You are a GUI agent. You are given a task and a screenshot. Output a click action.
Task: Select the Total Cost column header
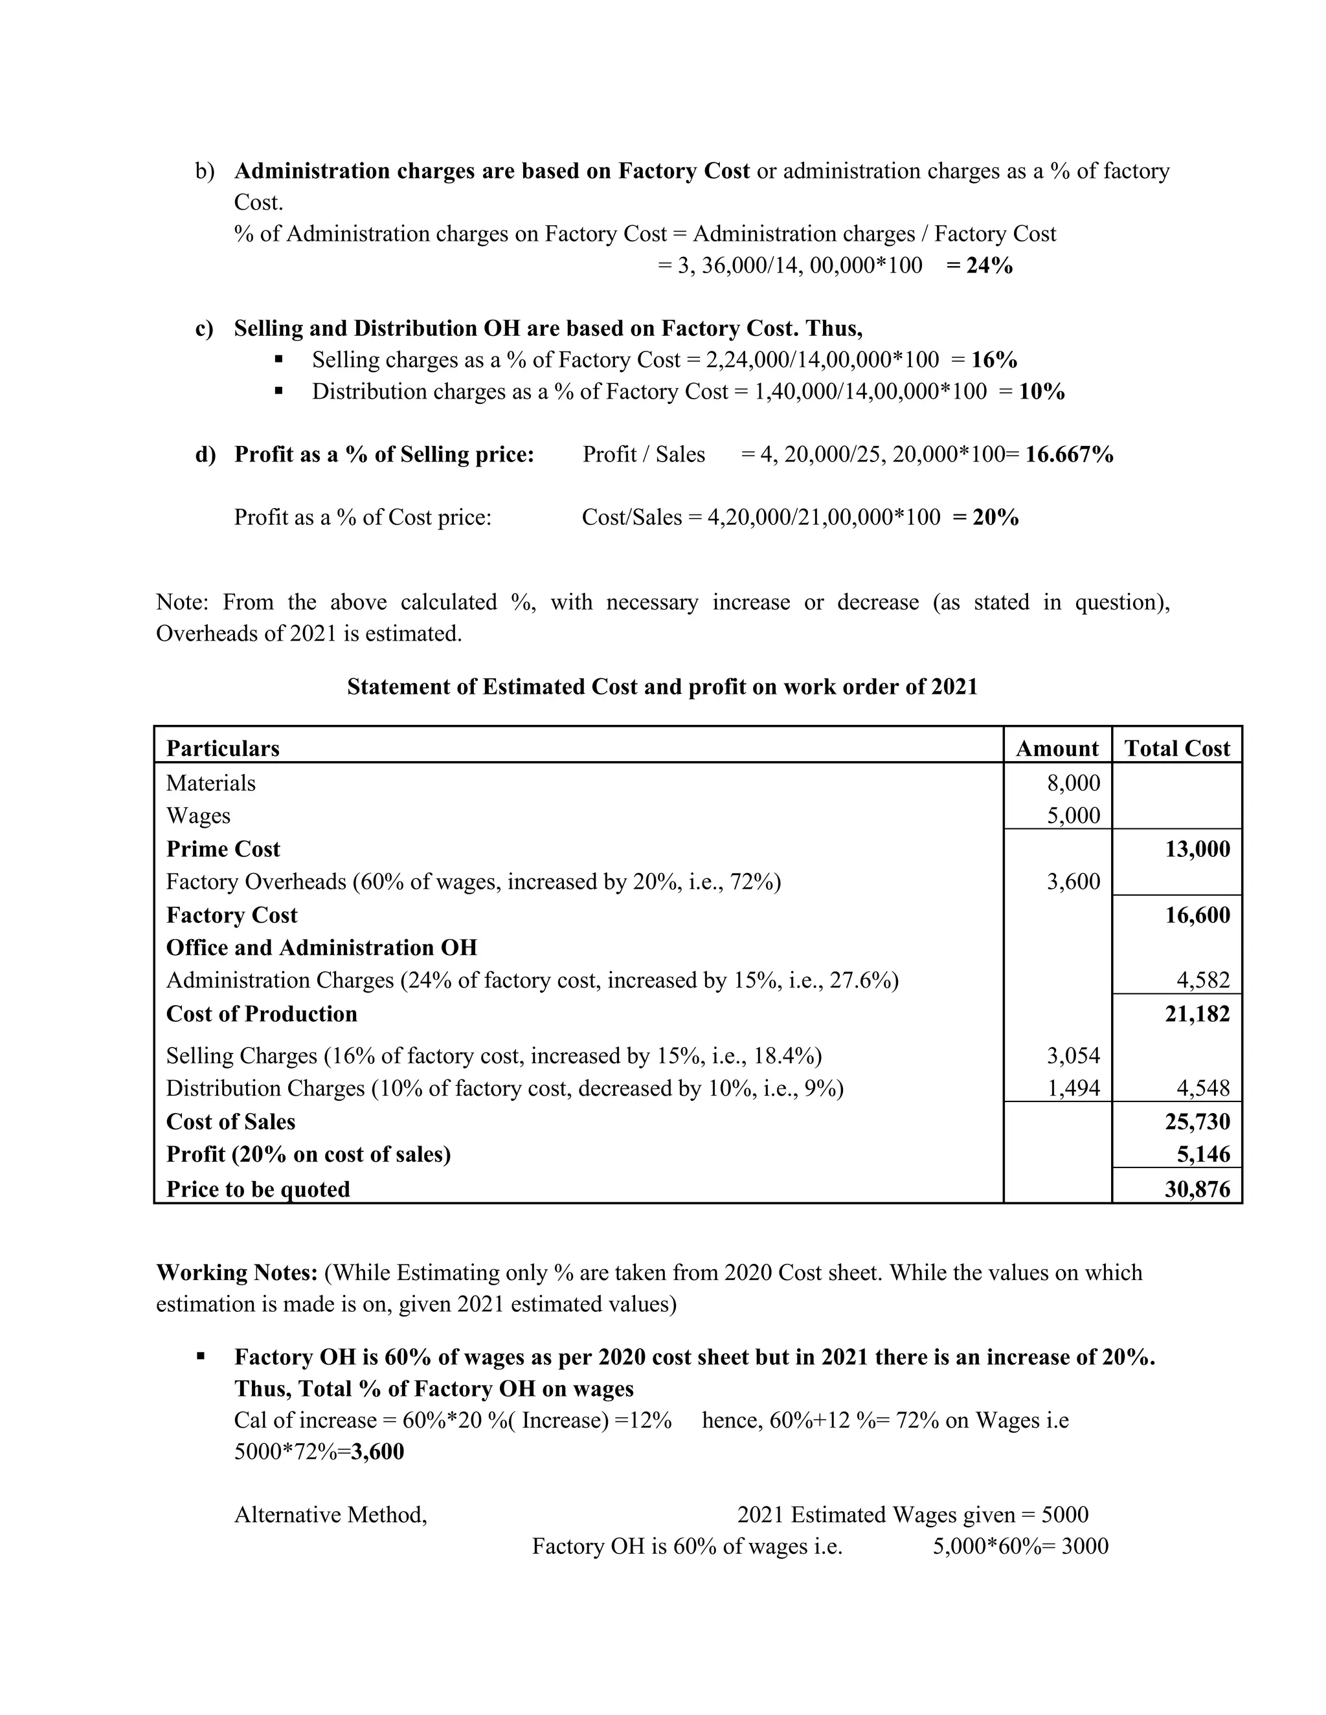click(1176, 748)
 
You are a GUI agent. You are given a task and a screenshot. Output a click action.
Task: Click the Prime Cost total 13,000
click(1197, 849)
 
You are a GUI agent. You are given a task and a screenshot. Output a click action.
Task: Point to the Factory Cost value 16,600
click(1197, 915)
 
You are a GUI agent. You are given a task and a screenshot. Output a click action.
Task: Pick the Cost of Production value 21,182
click(1197, 1013)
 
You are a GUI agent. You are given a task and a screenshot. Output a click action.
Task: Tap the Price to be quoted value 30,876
click(1197, 1189)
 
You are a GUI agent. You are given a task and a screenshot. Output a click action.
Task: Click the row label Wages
click(198, 816)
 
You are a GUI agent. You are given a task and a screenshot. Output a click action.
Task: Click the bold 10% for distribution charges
click(1042, 391)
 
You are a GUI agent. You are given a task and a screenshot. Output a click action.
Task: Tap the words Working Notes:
click(236, 1272)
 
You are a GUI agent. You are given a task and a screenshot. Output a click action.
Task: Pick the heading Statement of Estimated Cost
click(662, 687)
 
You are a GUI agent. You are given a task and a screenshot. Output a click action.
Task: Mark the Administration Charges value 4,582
click(1203, 980)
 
